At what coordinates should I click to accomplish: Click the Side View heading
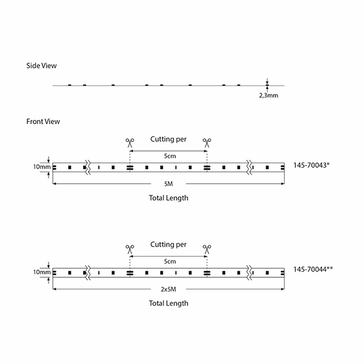pyautogui.click(x=42, y=66)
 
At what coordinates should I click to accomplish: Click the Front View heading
pyautogui.click(x=43, y=121)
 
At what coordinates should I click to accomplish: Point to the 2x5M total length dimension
pyautogui.click(x=169, y=290)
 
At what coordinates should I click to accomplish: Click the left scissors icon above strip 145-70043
pyautogui.click(x=129, y=142)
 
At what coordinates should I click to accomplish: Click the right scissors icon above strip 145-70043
pyautogui.click(x=207, y=142)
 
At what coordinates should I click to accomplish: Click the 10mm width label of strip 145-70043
pyautogui.click(x=42, y=167)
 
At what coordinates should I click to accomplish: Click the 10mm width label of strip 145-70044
pyautogui.click(x=42, y=272)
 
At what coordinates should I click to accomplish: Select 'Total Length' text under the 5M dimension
pyautogui.click(x=169, y=198)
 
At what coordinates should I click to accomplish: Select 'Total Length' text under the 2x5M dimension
pyautogui.click(x=169, y=303)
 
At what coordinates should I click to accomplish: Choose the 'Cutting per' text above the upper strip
pyautogui.click(x=169, y=139)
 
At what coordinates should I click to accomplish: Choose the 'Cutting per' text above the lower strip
pyautogui.click(x=169, y=244)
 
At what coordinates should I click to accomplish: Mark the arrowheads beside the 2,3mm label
pyautogui.click(x=268, y=85)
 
